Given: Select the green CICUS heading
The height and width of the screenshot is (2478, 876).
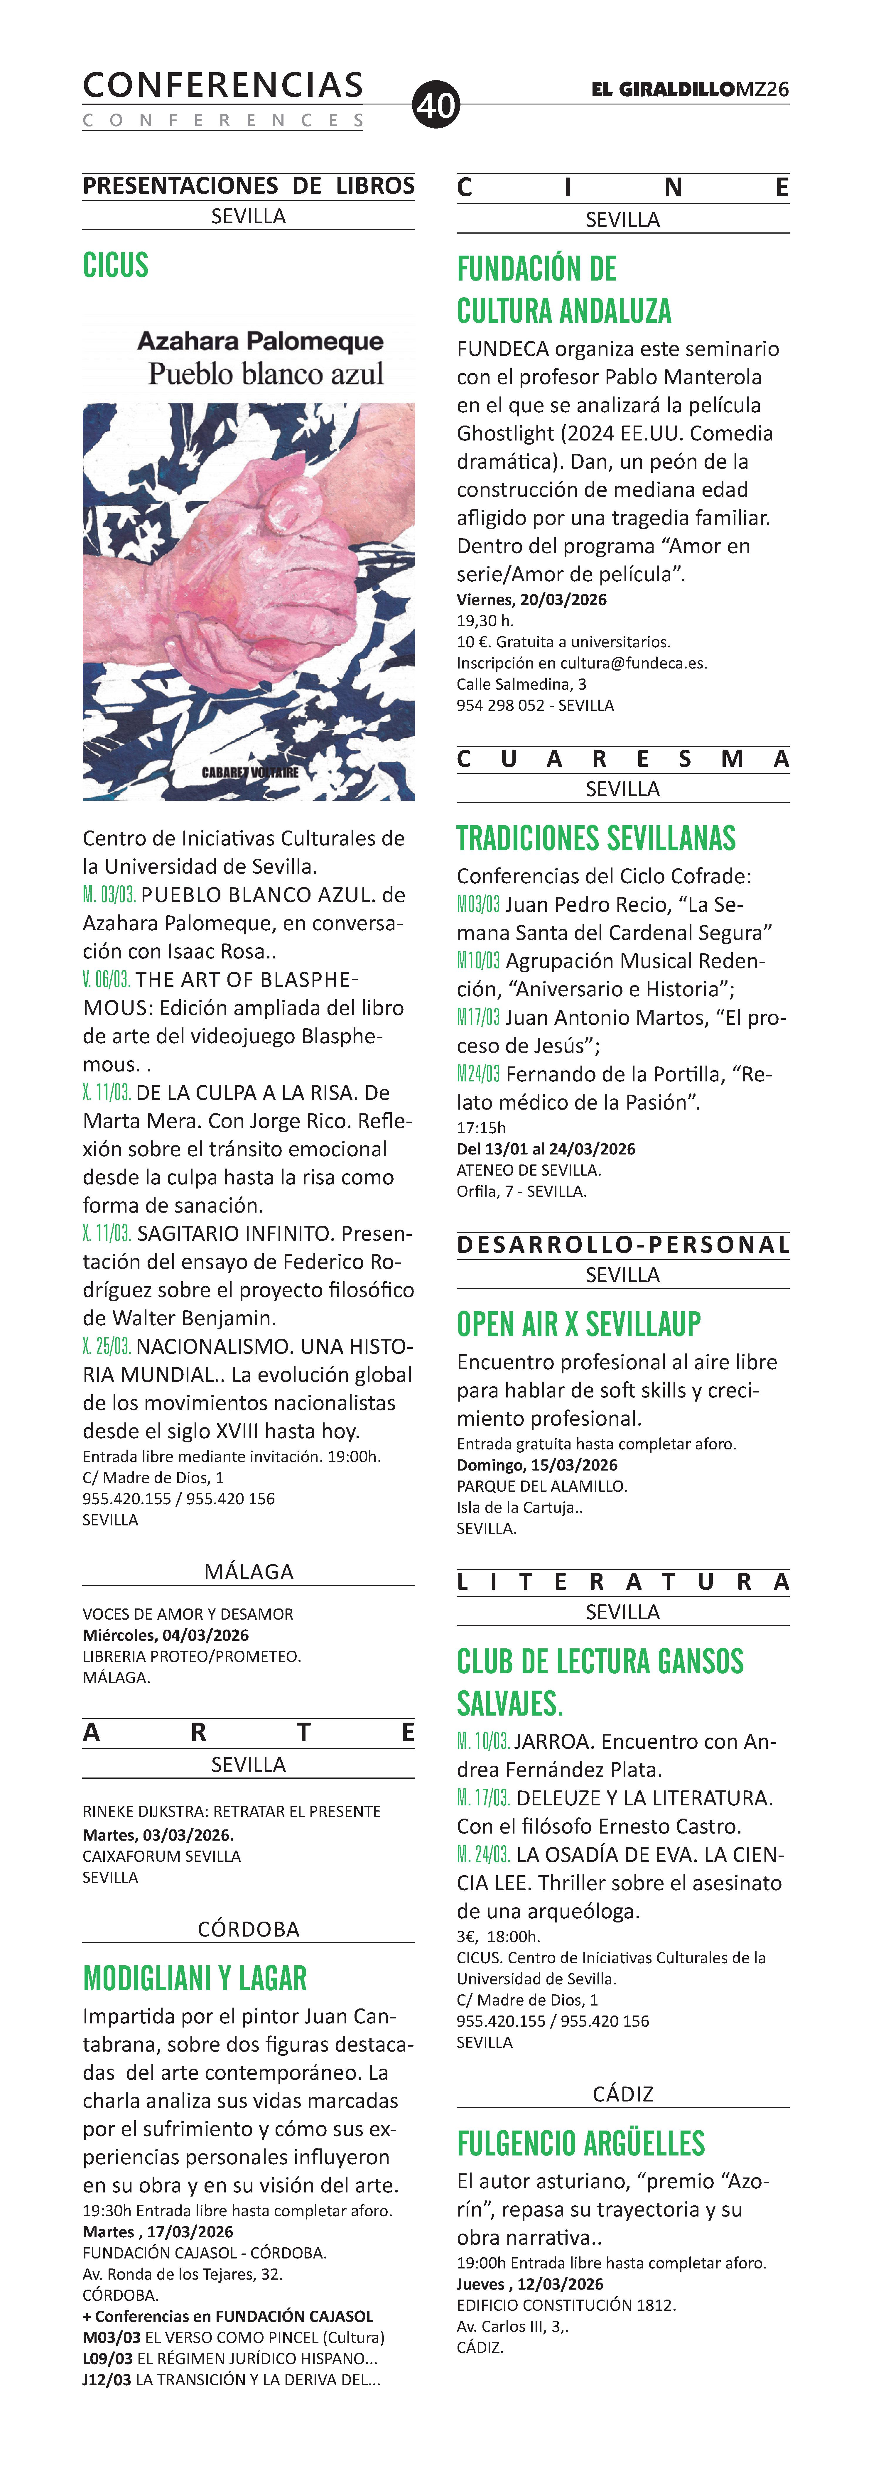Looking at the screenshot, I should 115,266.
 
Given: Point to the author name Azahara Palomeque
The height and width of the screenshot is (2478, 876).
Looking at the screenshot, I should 260,342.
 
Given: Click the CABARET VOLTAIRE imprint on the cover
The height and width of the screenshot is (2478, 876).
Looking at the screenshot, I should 250,772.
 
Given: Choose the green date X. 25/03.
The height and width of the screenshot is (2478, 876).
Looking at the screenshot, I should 107,1346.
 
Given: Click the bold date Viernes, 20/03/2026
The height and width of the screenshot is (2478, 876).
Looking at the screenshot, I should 532,599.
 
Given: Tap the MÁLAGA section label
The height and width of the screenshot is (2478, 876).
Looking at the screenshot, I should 248,1572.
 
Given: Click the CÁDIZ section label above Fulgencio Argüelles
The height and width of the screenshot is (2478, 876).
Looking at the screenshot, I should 622,2094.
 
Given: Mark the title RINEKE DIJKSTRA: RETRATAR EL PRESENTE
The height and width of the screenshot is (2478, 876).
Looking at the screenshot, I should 231,1811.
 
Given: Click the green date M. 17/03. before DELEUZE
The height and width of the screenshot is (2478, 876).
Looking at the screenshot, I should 483,1798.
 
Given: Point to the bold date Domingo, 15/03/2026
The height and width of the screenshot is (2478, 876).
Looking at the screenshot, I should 536,1465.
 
